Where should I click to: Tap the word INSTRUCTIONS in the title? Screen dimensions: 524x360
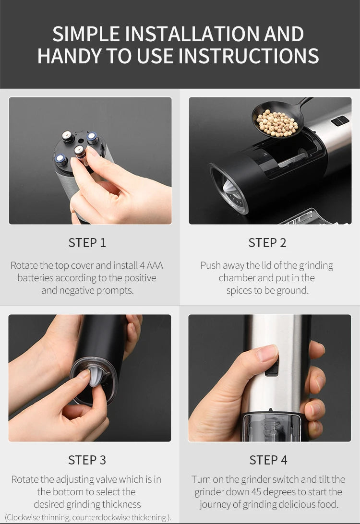click(249, 56)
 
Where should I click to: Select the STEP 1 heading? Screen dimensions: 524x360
click(87, 243)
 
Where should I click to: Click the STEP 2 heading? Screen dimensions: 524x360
click(267, 243)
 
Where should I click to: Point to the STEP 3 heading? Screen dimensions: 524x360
click(87, 460)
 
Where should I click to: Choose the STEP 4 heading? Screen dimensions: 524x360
click(268, 460)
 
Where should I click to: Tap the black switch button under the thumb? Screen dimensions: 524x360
click(273, 367)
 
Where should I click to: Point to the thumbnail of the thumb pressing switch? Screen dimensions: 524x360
click(269, 378)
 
